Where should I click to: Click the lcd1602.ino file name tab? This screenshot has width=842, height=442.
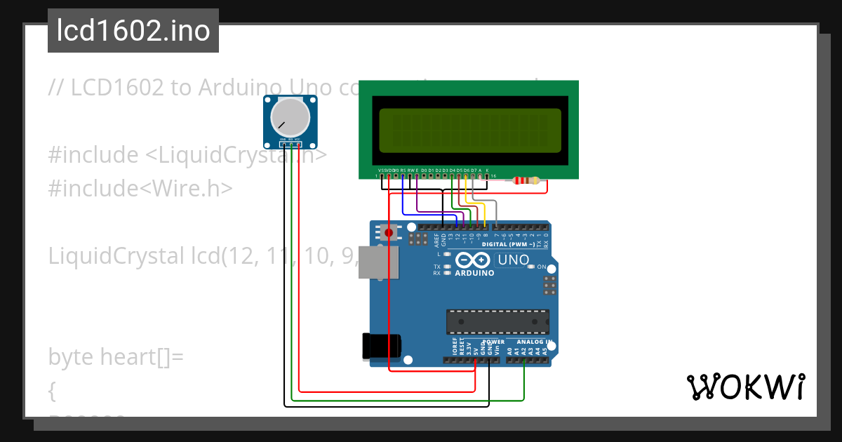click(133, 31)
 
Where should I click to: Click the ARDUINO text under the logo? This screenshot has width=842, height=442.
click(475, 273)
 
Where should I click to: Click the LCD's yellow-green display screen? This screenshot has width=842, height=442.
click(470, 130)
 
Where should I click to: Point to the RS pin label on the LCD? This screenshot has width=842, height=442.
click(403, 170)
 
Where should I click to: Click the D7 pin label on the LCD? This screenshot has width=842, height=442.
click(474, 170)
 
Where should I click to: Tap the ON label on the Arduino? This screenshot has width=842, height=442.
click(541, 267)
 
